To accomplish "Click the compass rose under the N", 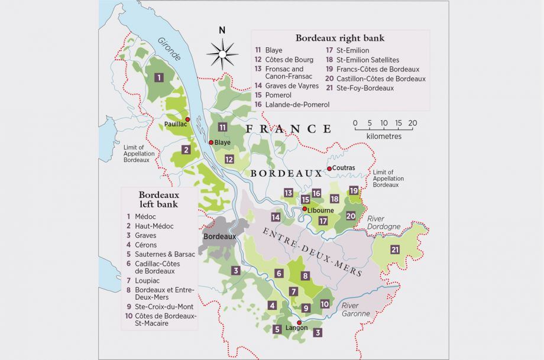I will tap(222, 54).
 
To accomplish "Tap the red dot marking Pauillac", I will tap(187, 119).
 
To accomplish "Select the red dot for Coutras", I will tap(329, 168).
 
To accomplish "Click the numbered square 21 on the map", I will tap(395, 249).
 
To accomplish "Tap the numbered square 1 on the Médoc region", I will tap(159, 77).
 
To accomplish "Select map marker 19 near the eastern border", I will tap(354, 190).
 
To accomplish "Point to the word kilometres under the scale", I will tap(384, 136).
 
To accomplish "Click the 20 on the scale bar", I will tap(412, 124).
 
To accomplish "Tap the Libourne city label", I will tap(320, 210).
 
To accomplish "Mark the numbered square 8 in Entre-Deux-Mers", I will tap(305, 275).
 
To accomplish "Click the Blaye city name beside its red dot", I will tap(222, 142).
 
